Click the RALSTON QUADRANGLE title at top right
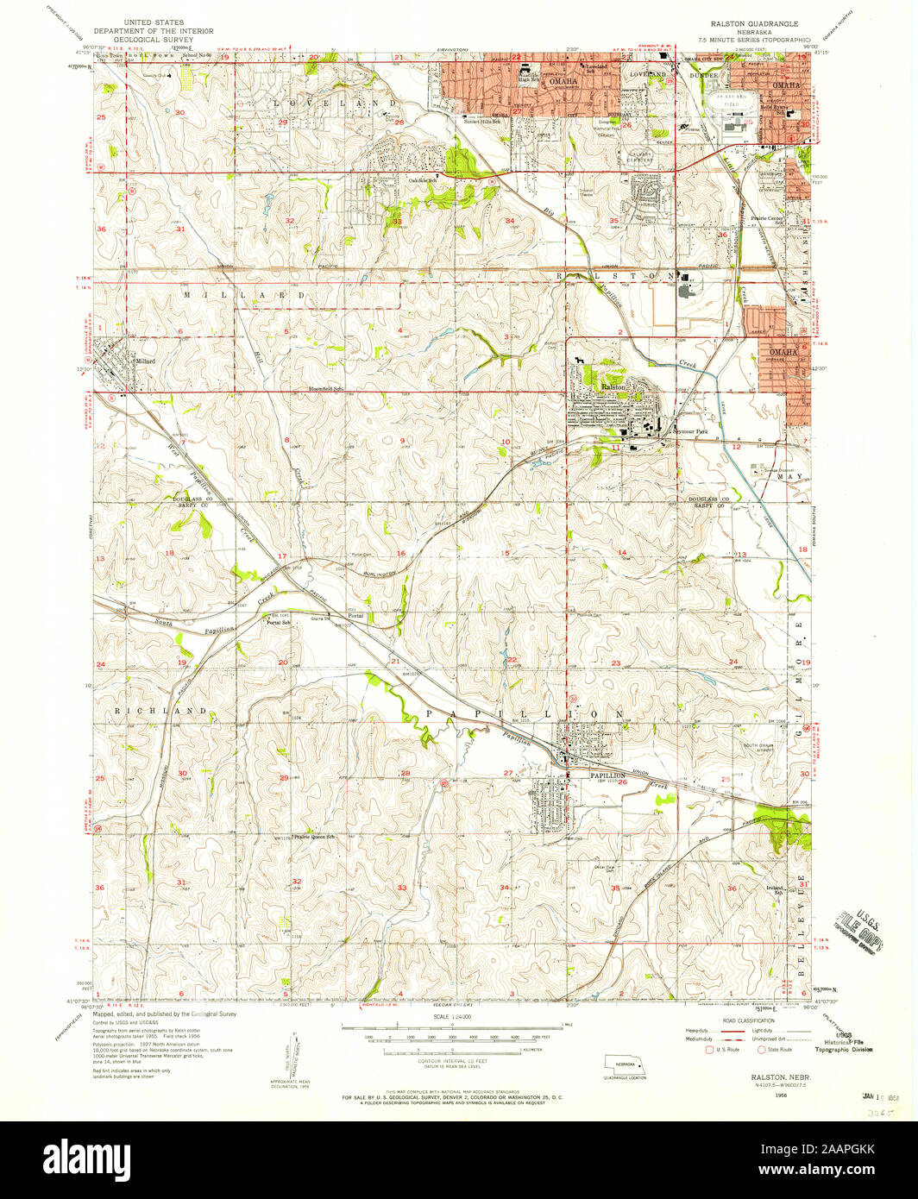click(754, 24)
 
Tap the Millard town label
click(143, 361)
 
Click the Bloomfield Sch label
click(326, 389)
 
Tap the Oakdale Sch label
click(422, 179)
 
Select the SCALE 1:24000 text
click(452, 1019)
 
